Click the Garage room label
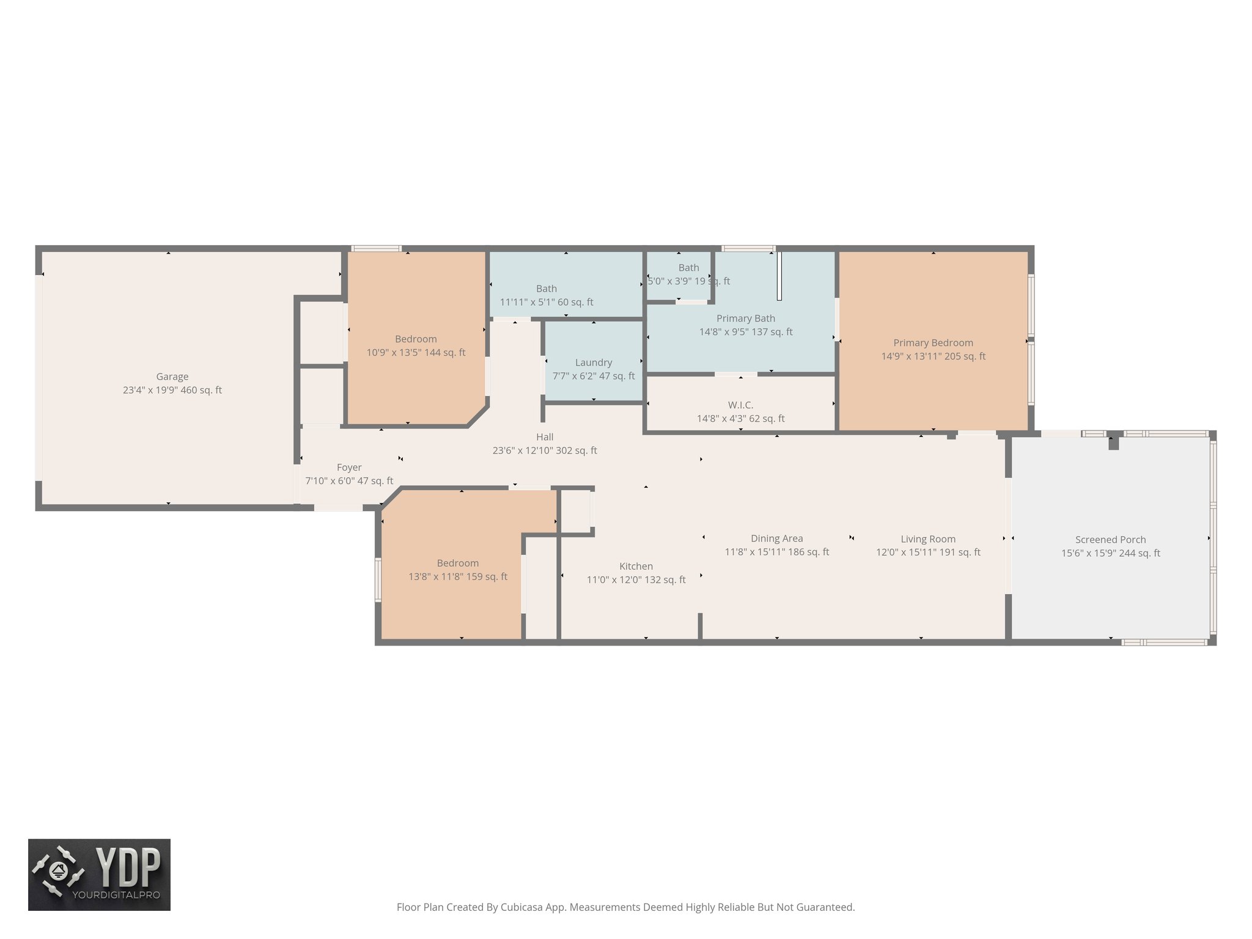click(x=172, y=377)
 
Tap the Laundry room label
click(x=593, y=363)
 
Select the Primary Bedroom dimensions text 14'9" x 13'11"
click(x=933, y=356)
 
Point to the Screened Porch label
click(x=1110, y=540)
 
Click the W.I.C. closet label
click(x=740, y=405)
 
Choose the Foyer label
click(x=349, y=468)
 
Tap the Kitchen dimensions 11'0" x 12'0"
click(x=636, y=580)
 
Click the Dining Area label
click(x=776, y=539)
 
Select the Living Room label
click(x=927, y=539)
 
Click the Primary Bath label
click(x=745, y=319)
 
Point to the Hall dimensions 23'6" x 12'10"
click(x=545, y=451)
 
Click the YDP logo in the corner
click(x=99, y=874)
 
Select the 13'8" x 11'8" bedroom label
click(x=457, y=564)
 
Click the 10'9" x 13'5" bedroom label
click(x=416, y=339)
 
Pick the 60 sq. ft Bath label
click(x=546, y=289)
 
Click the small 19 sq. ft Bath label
click(x=688, y=268)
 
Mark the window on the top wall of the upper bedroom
click(x=376, y=248)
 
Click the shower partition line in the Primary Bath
click(x=779, y=276)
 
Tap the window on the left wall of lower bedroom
click(x=378, y=580)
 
